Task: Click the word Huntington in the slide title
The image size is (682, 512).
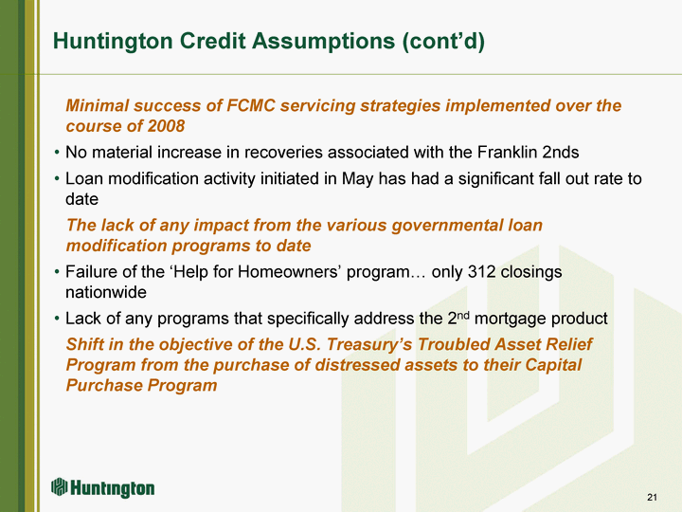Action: click(x=113, y=42)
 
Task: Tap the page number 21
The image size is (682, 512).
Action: click(x=652, y=497)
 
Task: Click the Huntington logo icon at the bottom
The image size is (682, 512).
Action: click(x=59, y=486)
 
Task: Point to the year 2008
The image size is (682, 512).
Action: click(x=166, y=126)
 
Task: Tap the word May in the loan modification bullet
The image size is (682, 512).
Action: click(x=357, y=179)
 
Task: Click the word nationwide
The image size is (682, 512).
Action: click(x=106, y=292)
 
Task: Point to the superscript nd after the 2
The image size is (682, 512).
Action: click(x=463, y=315)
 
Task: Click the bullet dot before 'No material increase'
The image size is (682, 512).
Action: click(x=57, y=153)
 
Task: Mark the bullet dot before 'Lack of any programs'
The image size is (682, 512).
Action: click(x=57, y=320)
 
